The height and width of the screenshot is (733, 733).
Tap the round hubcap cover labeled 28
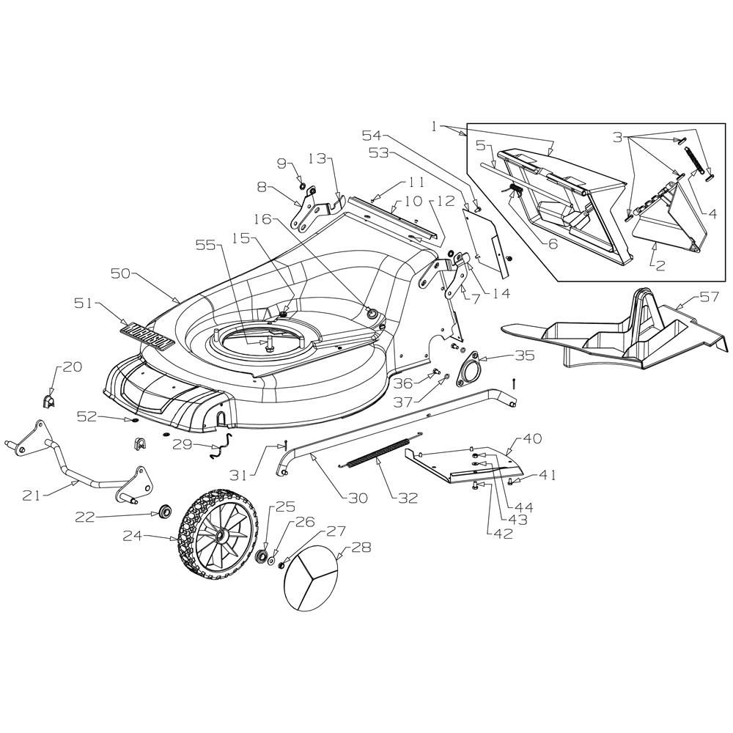click(x=311, y=578)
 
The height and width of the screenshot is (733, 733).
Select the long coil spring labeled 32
click(x=381, y=451)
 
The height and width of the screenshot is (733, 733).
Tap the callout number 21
click(x=32, y=496)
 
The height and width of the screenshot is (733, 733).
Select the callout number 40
click(x=532, y=438)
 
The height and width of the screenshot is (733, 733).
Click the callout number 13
click(x=318, y=159)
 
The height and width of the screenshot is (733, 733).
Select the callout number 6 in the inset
click(x=553, y=243)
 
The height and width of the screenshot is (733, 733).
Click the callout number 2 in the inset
click(x=660, y=266)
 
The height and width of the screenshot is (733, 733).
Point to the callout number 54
click(x=372, y=135)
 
